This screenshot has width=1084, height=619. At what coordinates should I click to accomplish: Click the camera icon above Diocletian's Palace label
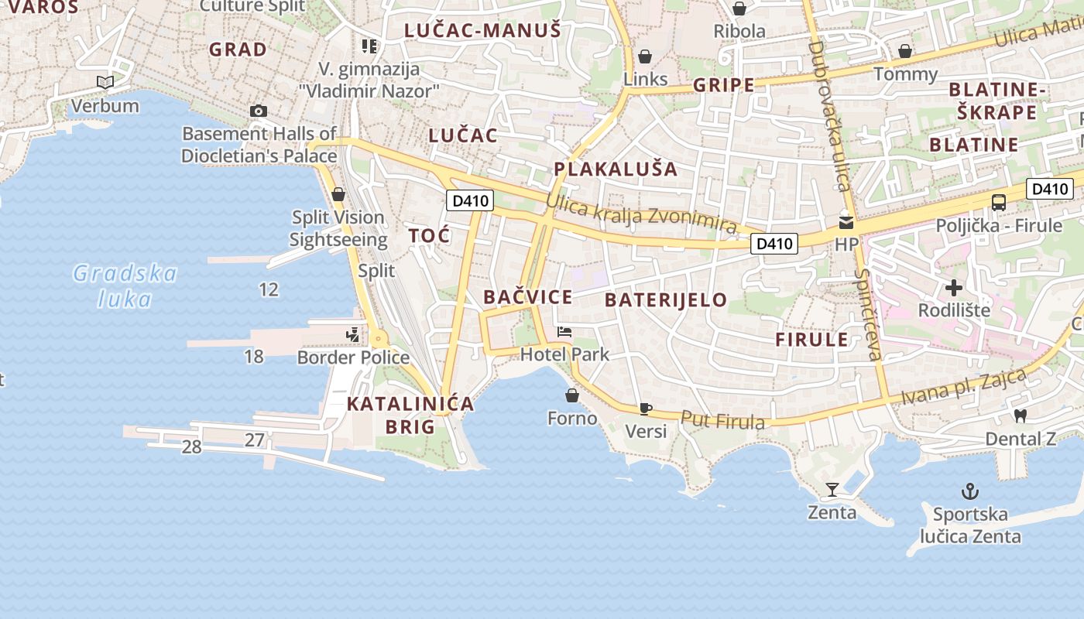click(259, 111)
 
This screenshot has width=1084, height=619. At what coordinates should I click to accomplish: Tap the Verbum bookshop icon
click(105, 82)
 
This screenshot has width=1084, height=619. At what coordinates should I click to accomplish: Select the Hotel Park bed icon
click(564, 332)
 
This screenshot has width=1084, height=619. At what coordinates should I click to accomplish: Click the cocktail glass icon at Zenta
click(832, 489)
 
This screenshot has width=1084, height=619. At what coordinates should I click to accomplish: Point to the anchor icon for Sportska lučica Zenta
click(969, 491)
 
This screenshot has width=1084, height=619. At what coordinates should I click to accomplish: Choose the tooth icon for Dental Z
click(1021, 416)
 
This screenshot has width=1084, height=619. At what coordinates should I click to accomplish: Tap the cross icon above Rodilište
click(954, 288)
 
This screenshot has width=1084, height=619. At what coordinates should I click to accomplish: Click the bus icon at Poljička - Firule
click(999, 203)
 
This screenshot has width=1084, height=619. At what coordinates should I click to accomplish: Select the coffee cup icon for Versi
click(646, 409)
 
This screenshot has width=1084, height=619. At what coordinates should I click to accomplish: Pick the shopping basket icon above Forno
click(572, 395)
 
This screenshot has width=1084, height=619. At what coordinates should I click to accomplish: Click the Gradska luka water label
click(125, 286)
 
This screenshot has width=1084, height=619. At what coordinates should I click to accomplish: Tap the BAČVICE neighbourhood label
click(528, 297)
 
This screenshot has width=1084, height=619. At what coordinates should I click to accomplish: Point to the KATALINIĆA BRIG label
click(410, 415)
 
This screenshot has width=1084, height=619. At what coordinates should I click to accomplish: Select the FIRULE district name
click(812, 340)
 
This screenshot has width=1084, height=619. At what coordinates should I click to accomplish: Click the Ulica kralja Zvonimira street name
click(641, 214)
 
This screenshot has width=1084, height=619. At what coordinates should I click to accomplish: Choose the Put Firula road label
click(722, 420)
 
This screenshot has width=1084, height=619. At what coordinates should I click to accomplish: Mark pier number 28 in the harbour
click(191, 446)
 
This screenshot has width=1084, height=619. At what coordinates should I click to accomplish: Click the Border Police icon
click(353, 334)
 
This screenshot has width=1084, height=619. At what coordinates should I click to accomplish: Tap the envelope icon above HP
click(846, 223)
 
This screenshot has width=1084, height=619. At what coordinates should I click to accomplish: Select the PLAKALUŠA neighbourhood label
click(616, 169)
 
